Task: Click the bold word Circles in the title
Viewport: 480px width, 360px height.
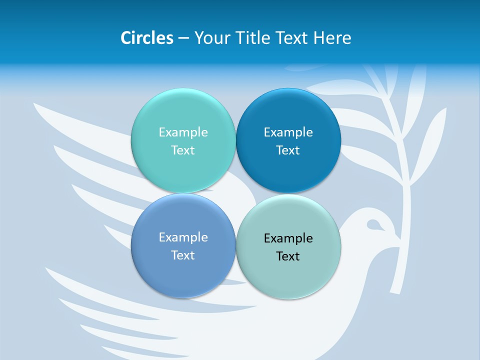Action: (x=147, y=38)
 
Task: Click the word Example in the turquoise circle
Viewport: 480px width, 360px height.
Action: (x=183, y=132)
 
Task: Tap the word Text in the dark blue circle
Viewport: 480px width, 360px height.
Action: (x=288, y=150)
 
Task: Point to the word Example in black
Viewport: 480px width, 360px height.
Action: (x=288, y=238)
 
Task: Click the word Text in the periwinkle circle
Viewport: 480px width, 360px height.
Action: (x=183, y=255)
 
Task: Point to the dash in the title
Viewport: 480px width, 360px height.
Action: (x=183, y=38)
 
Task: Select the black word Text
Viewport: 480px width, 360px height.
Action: (x=288, y=256)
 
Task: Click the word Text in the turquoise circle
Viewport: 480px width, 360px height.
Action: (x=183, y=150)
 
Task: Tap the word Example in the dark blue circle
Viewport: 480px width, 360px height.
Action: (x=288, y=132)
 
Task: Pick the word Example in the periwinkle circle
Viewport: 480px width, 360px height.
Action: (x=183, y=237)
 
